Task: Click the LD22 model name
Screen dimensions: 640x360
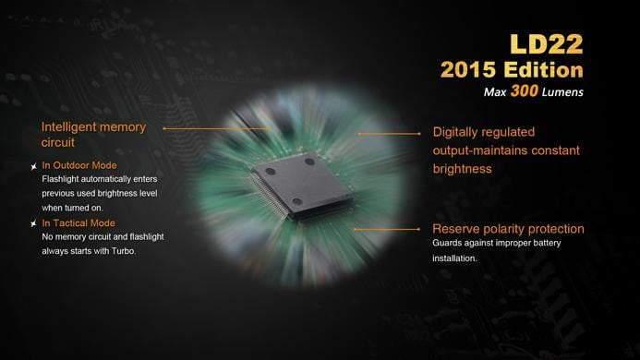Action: pyautogui.click(x=547, y=44)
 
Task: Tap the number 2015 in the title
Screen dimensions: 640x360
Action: pyautogui.click(x=468, y=70)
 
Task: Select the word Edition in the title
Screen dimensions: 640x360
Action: pyautogui.click(x=544, y=70)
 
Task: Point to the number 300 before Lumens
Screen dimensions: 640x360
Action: pyautogui.click(x=525, y=90)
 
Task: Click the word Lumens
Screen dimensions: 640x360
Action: pyautogui.click(x=562, y=92)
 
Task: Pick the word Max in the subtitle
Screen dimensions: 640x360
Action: pyautogui.click(x=495, y=92)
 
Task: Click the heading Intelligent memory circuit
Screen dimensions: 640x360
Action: pyautogui.click(x=93, y=135)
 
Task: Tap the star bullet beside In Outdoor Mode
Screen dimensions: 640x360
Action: pyautogui.click(x=34, y=166)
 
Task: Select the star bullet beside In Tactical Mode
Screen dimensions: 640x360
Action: pyautogui.click(x=34, y=223)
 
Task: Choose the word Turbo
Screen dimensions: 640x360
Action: pyautogui.click(x=124, y=251)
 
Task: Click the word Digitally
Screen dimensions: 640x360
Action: pyautogui.click(x=457, y=132)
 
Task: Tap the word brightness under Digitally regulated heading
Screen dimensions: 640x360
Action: pyautogui.click(x=462, y=169)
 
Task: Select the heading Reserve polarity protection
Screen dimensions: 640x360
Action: pyautogui.click(x=508, y=229)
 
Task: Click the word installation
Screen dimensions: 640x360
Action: pyautogui.click(x=454, y=258)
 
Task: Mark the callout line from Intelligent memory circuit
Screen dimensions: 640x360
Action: pyautogui.click(x=216, y=128)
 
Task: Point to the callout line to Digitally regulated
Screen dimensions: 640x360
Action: pyautogui.click(x=389, y=134)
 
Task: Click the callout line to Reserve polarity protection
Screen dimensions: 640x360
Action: pyautogui.click(x=387, y=230)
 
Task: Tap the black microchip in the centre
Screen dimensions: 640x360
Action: pyautogui.click(x=301, y=186)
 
